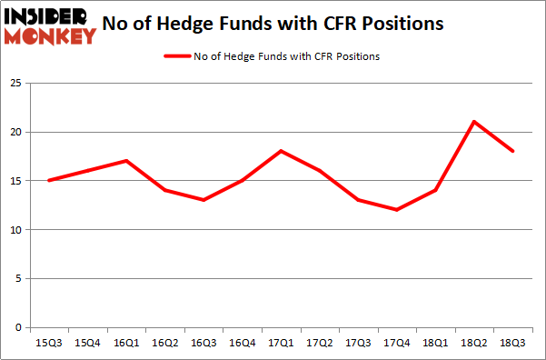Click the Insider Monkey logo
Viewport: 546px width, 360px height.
[51, 25]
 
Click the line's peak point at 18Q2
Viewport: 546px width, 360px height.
[474, 122]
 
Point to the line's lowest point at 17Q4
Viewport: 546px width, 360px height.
[397, 210]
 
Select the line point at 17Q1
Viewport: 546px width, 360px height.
[281, 151]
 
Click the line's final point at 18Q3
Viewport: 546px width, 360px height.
[513, 151]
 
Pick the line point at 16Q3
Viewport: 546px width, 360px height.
[204, 200]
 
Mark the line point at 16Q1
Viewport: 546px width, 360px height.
[126, 161]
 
